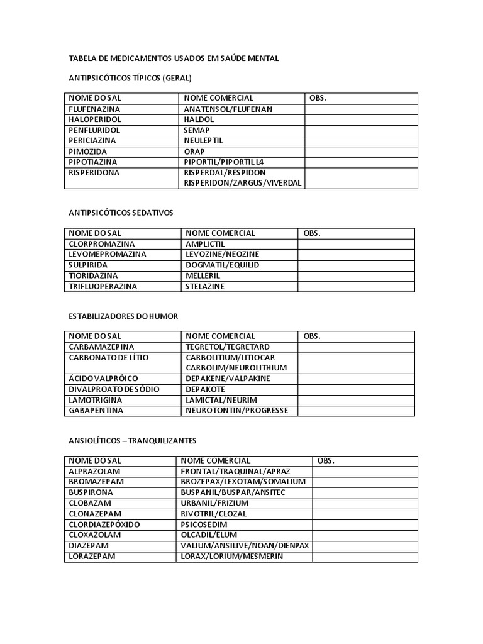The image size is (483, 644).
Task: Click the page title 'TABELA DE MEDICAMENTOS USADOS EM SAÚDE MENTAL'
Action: click(x=174, y=58)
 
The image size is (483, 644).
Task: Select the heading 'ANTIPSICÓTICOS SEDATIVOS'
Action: click(x=121, y=213)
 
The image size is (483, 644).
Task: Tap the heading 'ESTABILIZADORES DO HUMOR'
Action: click(x=123, y=316)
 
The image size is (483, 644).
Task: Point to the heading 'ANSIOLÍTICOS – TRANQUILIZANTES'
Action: click(x=133, y=441)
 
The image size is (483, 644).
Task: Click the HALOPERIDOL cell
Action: click(x=95, y=119)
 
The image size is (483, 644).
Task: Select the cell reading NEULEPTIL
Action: click(x=203, y=141)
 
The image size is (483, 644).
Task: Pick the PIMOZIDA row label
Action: click(x=88, y=152)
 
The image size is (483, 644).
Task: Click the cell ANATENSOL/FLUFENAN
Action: click(x=228, y=109)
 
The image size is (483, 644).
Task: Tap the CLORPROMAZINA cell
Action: click(x=102, y=243)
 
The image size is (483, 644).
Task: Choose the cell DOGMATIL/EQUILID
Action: click(x=222, y=265)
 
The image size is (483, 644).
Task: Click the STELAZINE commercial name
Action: click(x=205, y=286)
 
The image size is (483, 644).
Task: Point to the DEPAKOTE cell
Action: click(x=206, y=389)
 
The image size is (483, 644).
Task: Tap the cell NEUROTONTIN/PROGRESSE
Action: click(x=236, y=411)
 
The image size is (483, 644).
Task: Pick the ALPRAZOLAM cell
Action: click(x=94, y=471)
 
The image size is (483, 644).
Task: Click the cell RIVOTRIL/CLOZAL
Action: click(x=214, y=514)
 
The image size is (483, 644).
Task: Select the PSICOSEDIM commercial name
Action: click(x=204, y=525)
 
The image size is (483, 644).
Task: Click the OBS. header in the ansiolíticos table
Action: click(x=326, y=460)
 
